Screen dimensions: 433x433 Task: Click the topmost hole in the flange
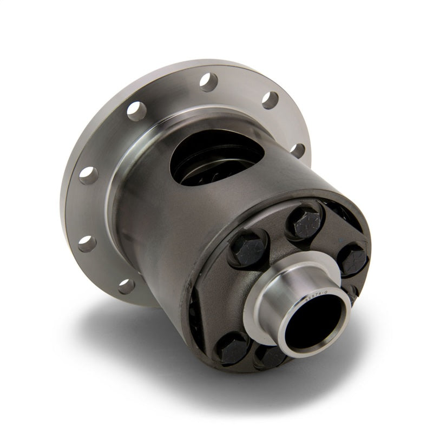click(208, 82)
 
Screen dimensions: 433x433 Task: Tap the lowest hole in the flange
click(126, 285)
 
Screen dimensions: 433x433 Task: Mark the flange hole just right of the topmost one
click(270, 100)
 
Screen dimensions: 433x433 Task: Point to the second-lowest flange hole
click(87, 243)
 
